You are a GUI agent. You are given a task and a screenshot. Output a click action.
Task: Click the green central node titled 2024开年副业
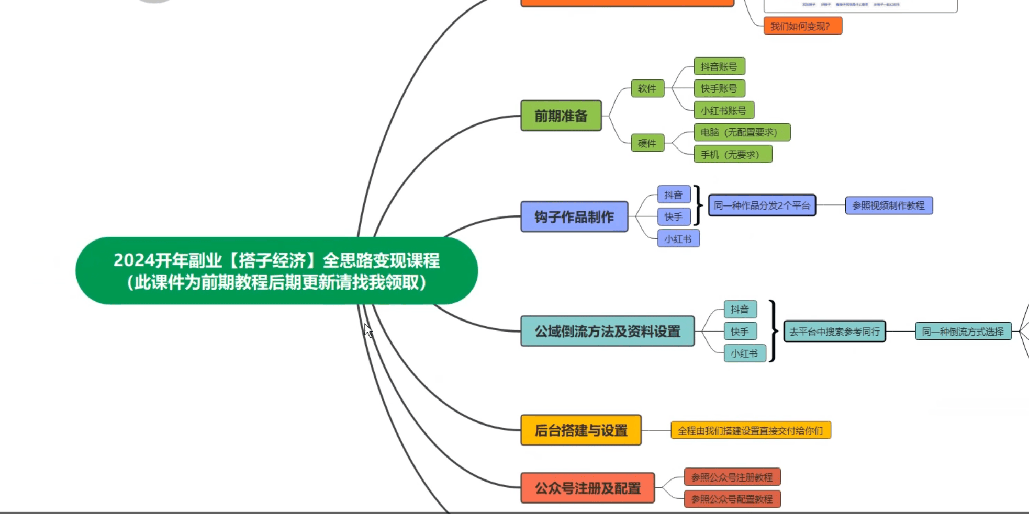click(276, 271)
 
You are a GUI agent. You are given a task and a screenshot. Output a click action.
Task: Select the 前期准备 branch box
click(561, 116)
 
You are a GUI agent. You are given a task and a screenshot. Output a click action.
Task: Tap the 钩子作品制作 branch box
click(574, 216)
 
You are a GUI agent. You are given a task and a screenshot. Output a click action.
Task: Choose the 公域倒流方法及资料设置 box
click(607, 331)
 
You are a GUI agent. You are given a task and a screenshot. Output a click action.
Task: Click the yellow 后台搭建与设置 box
click(580, 430)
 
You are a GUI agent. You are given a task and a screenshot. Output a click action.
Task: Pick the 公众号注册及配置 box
click(587, 488)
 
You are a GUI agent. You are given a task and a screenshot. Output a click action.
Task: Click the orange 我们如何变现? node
click(802, 26)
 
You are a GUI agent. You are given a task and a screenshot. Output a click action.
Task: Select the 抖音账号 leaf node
click(719, 66)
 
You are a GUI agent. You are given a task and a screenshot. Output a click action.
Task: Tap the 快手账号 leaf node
click(719, 88)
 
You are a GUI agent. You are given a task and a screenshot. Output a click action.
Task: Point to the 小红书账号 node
click(723, 110)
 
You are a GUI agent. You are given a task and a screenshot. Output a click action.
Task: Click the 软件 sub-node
click(647, 88)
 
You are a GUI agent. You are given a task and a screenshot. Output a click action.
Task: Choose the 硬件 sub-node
click(647, 143)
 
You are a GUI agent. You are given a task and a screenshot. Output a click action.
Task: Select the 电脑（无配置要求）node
click(741, 132)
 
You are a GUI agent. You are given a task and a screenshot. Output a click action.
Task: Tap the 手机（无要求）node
click(732, 154)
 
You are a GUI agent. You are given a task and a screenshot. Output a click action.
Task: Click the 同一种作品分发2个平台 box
click(762, 205)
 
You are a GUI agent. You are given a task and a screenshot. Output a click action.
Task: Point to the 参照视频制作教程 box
click(888, 205)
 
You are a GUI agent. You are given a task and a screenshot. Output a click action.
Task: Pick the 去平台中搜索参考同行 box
click(834, 332)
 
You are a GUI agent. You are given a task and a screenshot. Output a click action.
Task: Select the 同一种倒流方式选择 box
click(963, 332)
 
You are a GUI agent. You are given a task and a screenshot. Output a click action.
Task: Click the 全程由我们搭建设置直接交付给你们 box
click(750, 430)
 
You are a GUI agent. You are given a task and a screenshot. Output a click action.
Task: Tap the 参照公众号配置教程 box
click(732, 499)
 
